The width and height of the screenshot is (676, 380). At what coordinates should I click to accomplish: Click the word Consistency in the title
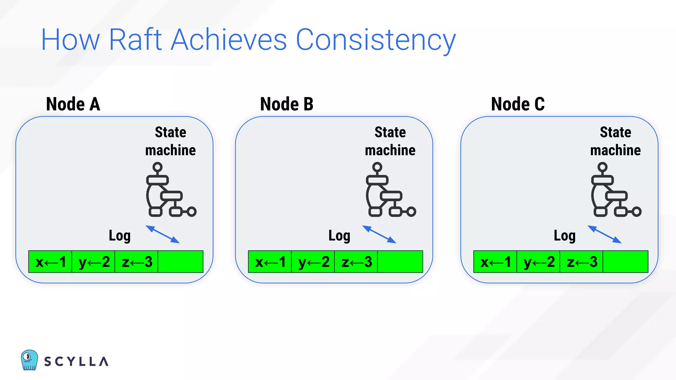376,40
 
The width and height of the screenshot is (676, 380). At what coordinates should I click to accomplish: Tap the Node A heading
73,104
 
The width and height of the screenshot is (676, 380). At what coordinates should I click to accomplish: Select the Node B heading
287,104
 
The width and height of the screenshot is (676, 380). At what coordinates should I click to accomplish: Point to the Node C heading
518,104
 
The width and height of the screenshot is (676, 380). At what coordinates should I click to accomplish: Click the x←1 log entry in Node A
50,262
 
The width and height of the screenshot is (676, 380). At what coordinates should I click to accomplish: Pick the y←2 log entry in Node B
313,262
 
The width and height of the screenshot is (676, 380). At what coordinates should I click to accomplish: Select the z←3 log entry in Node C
581,262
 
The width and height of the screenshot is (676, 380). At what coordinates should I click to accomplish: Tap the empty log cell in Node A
180,262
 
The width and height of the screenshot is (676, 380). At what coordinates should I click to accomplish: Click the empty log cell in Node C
625,262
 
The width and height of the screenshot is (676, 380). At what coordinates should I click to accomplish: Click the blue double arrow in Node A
163,235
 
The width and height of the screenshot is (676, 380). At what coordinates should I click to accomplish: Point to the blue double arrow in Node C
604,235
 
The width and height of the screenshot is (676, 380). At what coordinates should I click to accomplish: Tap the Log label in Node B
339,236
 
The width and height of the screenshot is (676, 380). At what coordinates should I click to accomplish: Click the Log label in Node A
120,236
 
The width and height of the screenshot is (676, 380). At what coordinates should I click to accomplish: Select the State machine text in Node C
615,141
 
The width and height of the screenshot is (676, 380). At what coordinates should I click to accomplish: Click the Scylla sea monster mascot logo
29,360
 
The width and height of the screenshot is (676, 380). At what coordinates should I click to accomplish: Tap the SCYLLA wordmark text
76,362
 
